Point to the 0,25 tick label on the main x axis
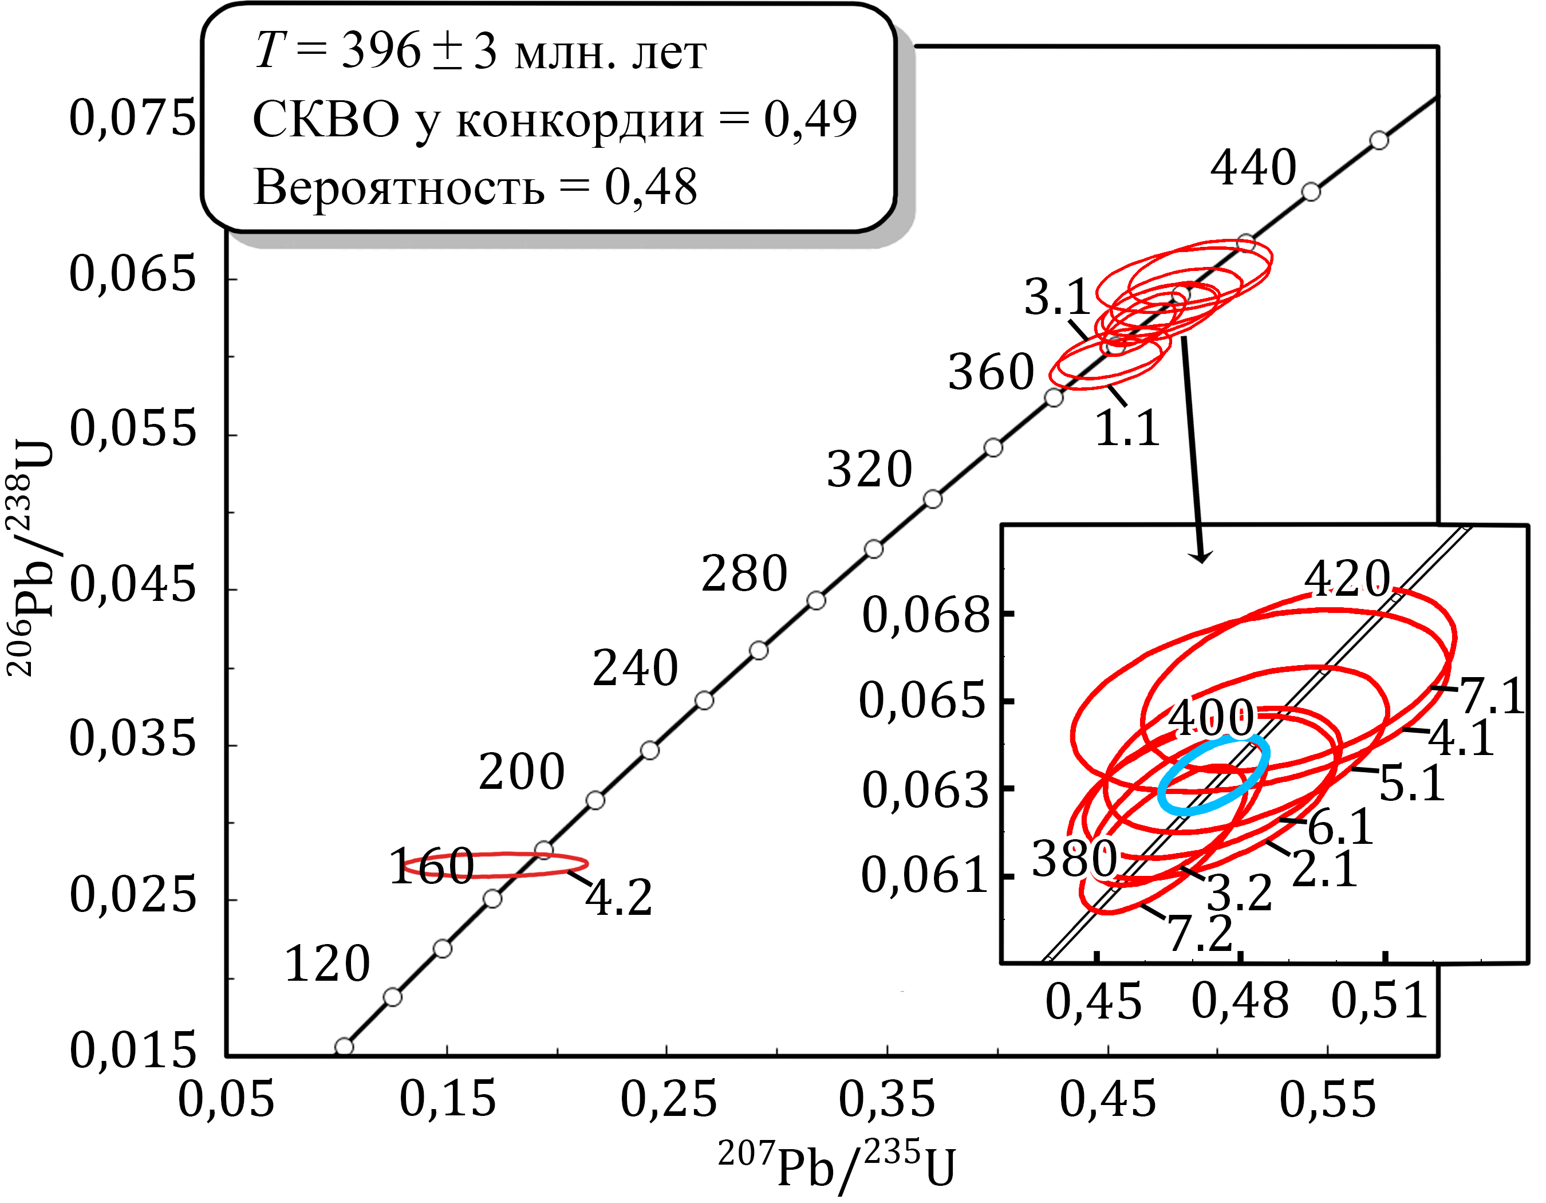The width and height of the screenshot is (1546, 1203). click(668, 1100)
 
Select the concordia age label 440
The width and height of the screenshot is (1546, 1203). click(1253, 168)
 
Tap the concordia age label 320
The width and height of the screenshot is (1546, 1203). click(869, 469)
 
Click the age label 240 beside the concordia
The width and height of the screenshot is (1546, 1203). click(635, 668)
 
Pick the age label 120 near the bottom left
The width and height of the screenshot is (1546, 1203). click(327, 964)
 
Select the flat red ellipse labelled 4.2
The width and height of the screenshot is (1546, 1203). click(495, 864)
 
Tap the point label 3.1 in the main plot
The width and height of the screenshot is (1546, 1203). click(1056, 297)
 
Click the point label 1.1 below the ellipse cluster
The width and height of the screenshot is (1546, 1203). click(1127, 428)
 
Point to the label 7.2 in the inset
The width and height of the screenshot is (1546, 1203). click(1200, 933)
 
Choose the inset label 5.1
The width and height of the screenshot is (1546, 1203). click(1411, 784)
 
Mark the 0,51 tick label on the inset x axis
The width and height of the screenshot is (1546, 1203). click(1379, 1001)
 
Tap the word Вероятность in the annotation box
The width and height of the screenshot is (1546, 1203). click(399, 188)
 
